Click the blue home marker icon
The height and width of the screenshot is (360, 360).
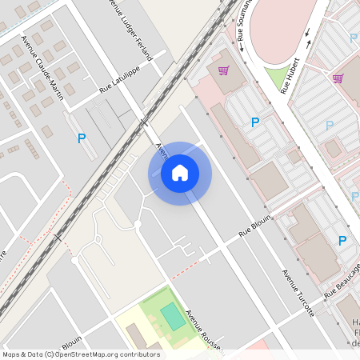pyautogui.click(x=180, y=173)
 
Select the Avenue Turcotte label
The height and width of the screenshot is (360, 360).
pyautogui.click(x=298, y=292)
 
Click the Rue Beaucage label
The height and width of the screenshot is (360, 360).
pyautogui.click(x=342, y=286)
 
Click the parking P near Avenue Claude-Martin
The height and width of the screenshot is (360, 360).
pyautogui.click(x=82, y=138)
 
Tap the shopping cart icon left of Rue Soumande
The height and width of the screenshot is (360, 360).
pyautogui.click(x=223, y=70)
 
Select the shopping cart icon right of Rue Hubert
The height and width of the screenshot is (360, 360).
pyautogui.click(x=338, y=78)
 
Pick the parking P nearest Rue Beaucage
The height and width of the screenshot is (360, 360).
pyautogui.click(x=342, y=240)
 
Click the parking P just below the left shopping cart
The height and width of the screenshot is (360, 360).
pyautogui.click(x=255, y=122)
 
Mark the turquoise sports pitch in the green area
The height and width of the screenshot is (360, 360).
pyautogui.click(x=172, y=316)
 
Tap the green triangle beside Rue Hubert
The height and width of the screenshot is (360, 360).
pyautogui.click(x=276, y=77)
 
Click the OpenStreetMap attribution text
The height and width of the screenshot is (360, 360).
pyautogui.click(x=81, y=354)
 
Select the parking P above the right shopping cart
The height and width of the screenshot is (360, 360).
pyautogui.click(x=353, y=38)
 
